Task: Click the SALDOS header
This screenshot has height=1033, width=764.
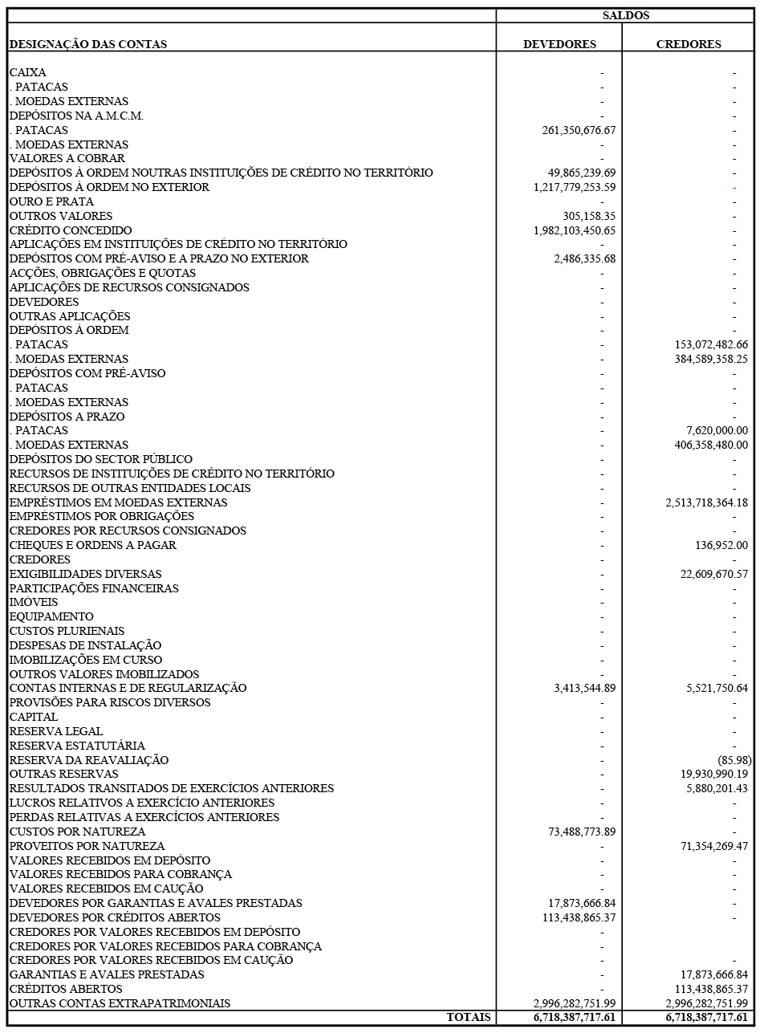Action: click(x=625, y=15)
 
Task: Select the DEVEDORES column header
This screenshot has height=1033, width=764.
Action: click(x=559, y=45)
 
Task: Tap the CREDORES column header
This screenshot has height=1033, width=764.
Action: click(x=688, y=45)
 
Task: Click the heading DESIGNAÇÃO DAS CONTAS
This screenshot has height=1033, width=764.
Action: click(x=88, y=45)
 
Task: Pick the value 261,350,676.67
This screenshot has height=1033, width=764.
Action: click(x=579, y=130)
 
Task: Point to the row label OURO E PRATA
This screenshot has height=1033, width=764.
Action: click(x=51, y=201)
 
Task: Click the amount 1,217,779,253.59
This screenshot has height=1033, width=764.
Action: click(x=574, y=187)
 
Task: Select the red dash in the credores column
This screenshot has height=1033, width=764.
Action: click(x=734, y=187)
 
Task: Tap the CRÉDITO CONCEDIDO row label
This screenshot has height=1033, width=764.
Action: click(x=71, y=230)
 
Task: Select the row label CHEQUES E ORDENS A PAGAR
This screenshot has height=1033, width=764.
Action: click(x=92, y=545)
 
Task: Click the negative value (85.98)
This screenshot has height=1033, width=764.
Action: click(x=734, y=760)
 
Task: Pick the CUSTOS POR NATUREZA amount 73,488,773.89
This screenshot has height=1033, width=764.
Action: click(x=581, y=832)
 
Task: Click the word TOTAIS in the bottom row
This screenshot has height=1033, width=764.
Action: click(x=469, y=1018)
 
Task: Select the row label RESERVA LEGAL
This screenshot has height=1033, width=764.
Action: click(x=56, y=731)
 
